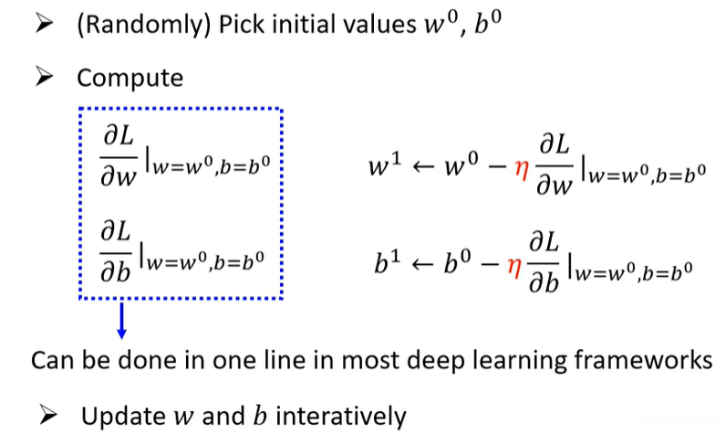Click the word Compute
[x=130, y=78]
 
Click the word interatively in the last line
[x=342, y=417]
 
